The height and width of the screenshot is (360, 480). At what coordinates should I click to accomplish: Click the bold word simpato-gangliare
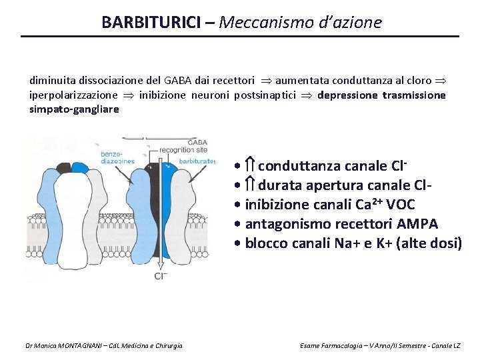pyautogui.click(x=74, y=109)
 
